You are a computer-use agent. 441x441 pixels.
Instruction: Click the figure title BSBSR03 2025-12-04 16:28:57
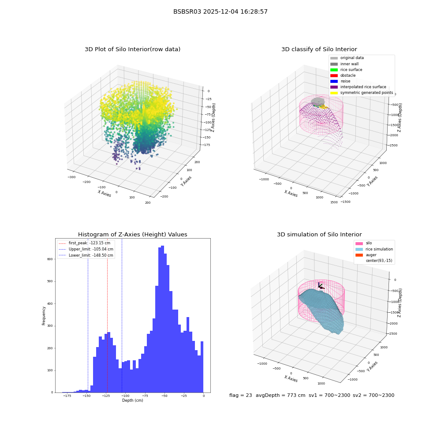220,11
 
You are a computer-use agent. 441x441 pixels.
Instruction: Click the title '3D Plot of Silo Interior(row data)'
132,49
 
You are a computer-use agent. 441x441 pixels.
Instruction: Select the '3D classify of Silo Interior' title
319,49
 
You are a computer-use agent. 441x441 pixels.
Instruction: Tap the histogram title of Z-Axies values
132,234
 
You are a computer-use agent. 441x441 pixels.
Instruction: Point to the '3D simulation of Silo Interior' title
319,234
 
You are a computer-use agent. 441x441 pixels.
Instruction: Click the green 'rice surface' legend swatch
334,70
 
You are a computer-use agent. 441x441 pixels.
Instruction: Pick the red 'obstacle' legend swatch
334,75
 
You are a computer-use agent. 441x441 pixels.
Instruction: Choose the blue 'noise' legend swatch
334,81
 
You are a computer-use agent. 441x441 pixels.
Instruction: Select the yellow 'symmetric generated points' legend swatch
334,93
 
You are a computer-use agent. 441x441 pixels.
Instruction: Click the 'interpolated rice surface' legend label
363,87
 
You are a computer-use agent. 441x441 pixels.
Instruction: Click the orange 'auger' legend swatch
359,255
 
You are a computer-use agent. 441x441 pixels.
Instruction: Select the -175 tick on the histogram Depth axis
67,396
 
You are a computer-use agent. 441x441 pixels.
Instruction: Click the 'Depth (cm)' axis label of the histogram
132,400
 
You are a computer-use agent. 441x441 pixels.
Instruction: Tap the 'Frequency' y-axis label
44,316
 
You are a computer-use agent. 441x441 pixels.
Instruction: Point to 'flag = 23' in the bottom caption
240,395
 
